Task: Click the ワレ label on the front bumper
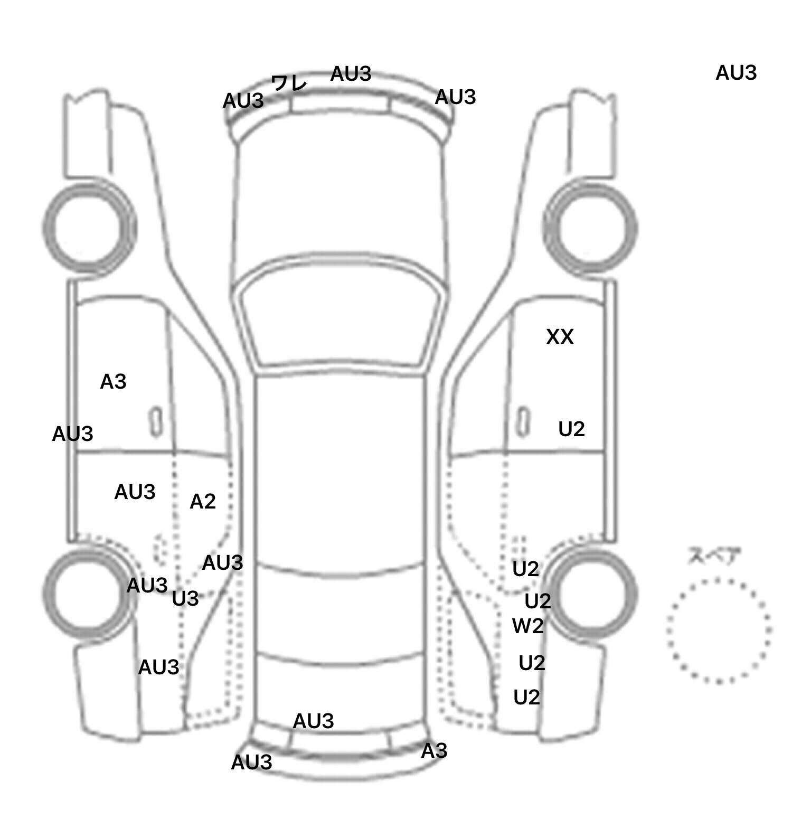click(x=289, y=83)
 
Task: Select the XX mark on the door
click(x=560, y=337)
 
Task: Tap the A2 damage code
click(x=203, y=502)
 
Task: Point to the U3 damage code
click(x=185, y=599)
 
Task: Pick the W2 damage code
click(x=528, y=626)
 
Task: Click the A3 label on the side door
click(x=114, y=382)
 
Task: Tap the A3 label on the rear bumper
click(x=434, y=751)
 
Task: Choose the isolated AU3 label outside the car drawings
click(x=736, y=73)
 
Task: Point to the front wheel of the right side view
click(x=590, y=229)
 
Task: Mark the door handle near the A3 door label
click(x=156, y=421)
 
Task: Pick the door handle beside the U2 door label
click(x=523, y=421)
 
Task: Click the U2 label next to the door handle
click(x=571, y=429)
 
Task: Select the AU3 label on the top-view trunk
click(x=314, y=721)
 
